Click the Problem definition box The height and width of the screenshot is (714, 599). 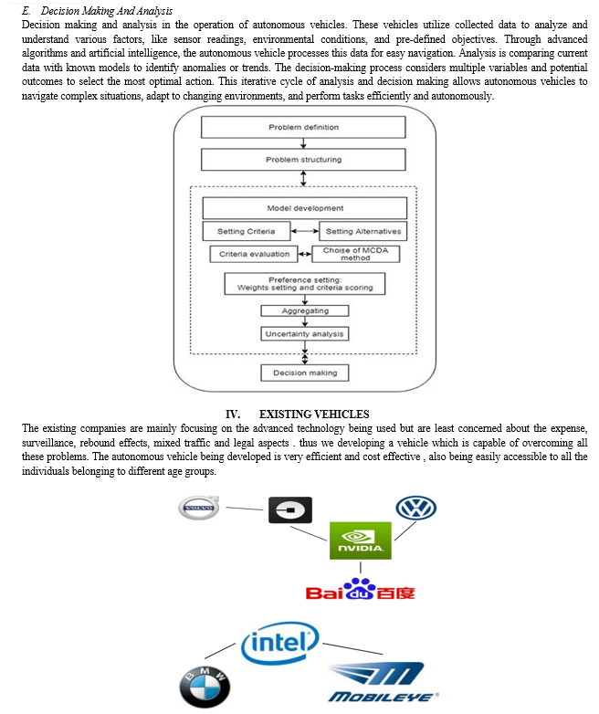point(303,127)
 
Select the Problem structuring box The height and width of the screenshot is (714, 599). point(303,160)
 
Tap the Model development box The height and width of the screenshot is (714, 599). point(305,208)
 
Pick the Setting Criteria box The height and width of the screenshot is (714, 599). point(247,231)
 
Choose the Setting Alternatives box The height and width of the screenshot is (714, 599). point(363,231)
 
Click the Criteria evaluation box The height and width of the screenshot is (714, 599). point(254,254)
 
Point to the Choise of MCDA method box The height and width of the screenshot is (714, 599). point(356,254)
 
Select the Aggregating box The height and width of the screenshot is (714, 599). point(305,310)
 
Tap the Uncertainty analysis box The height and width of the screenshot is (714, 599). point(305,334)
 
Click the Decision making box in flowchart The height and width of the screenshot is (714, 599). point(305,373)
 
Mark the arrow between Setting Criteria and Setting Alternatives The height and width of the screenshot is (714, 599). point(305,231)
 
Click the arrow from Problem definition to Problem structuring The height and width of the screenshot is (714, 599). point(303,143)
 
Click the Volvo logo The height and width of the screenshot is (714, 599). point(199,508)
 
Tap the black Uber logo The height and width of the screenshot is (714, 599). point(290,510)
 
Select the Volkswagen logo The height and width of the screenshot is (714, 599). point(415,509)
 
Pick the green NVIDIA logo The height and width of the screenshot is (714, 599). point(361,541)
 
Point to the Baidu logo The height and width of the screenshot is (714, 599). point(361,589)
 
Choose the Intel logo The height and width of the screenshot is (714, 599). point(279,643)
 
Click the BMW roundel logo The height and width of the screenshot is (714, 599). point(205,688)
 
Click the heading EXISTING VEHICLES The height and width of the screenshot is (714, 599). point(314,414)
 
